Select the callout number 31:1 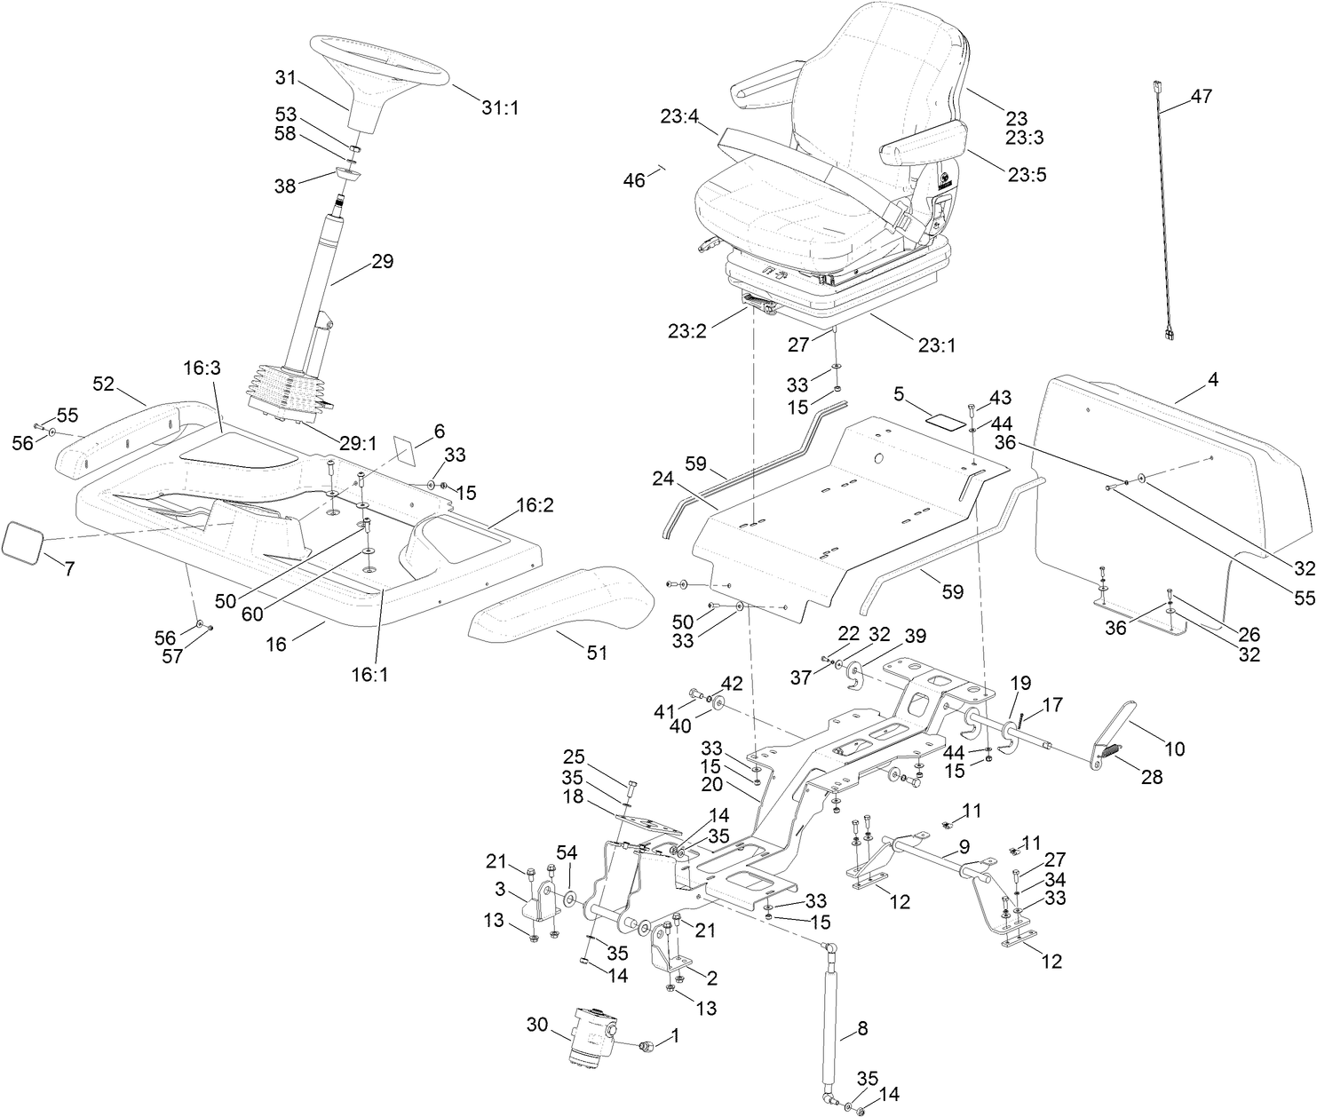(499, 107)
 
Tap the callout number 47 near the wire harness (1201, 97)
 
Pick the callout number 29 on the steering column (382, 262)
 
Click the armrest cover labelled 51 (550, 605)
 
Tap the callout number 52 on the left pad (104, 384)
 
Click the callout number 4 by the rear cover (1213, 379)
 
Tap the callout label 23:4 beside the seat (678, 115)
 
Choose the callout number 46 (634, 180)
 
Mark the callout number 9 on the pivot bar (964, 847)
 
